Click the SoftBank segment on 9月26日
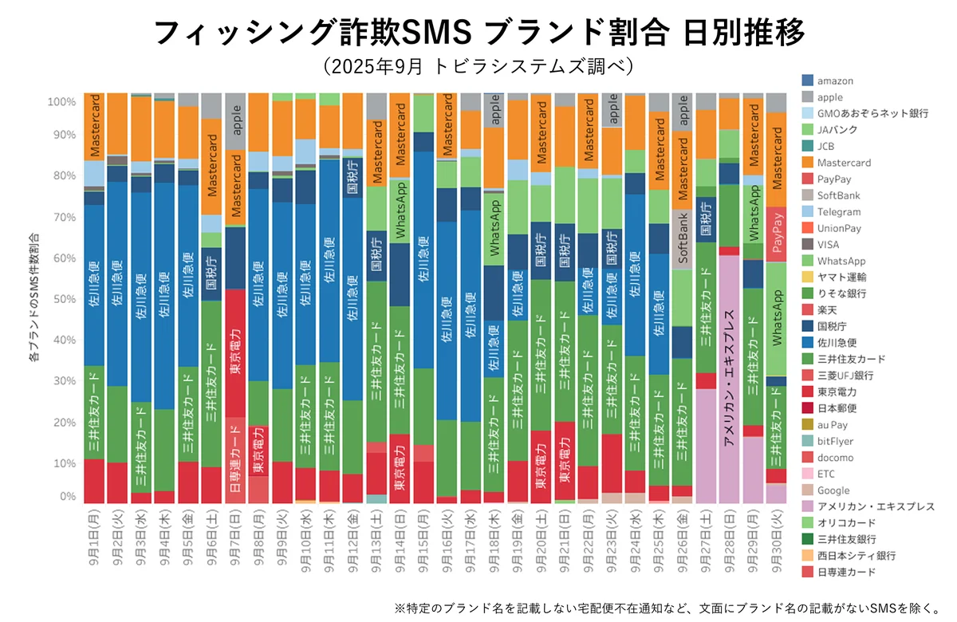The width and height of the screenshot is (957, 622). point(682,239)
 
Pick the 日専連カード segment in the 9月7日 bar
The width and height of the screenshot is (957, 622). point(234,459)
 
